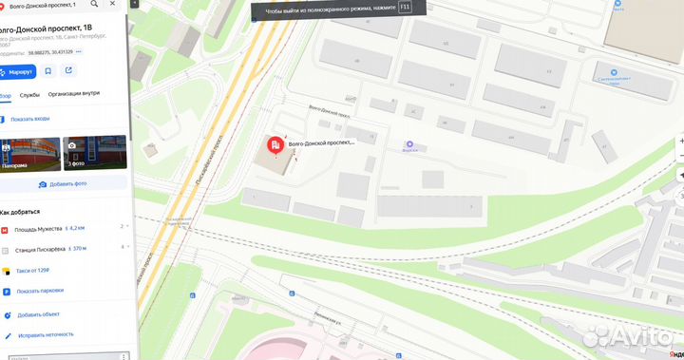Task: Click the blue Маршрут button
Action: coord(17,71)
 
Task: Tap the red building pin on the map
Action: coord(274,145)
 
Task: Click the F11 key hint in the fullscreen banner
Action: coord(406,7)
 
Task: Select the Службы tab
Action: coord(29,95)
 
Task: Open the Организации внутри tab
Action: coord(74,95)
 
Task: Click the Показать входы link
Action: coord(29,119)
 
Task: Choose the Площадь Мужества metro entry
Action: coord(38,229)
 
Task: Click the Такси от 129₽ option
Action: coord(33,270)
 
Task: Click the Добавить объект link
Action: coord(37,314)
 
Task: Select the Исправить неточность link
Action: coord(44,334)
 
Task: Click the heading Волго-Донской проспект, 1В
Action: coord(46,28)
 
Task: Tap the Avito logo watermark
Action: coord(628,337)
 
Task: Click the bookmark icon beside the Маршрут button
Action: coord(47,71)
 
